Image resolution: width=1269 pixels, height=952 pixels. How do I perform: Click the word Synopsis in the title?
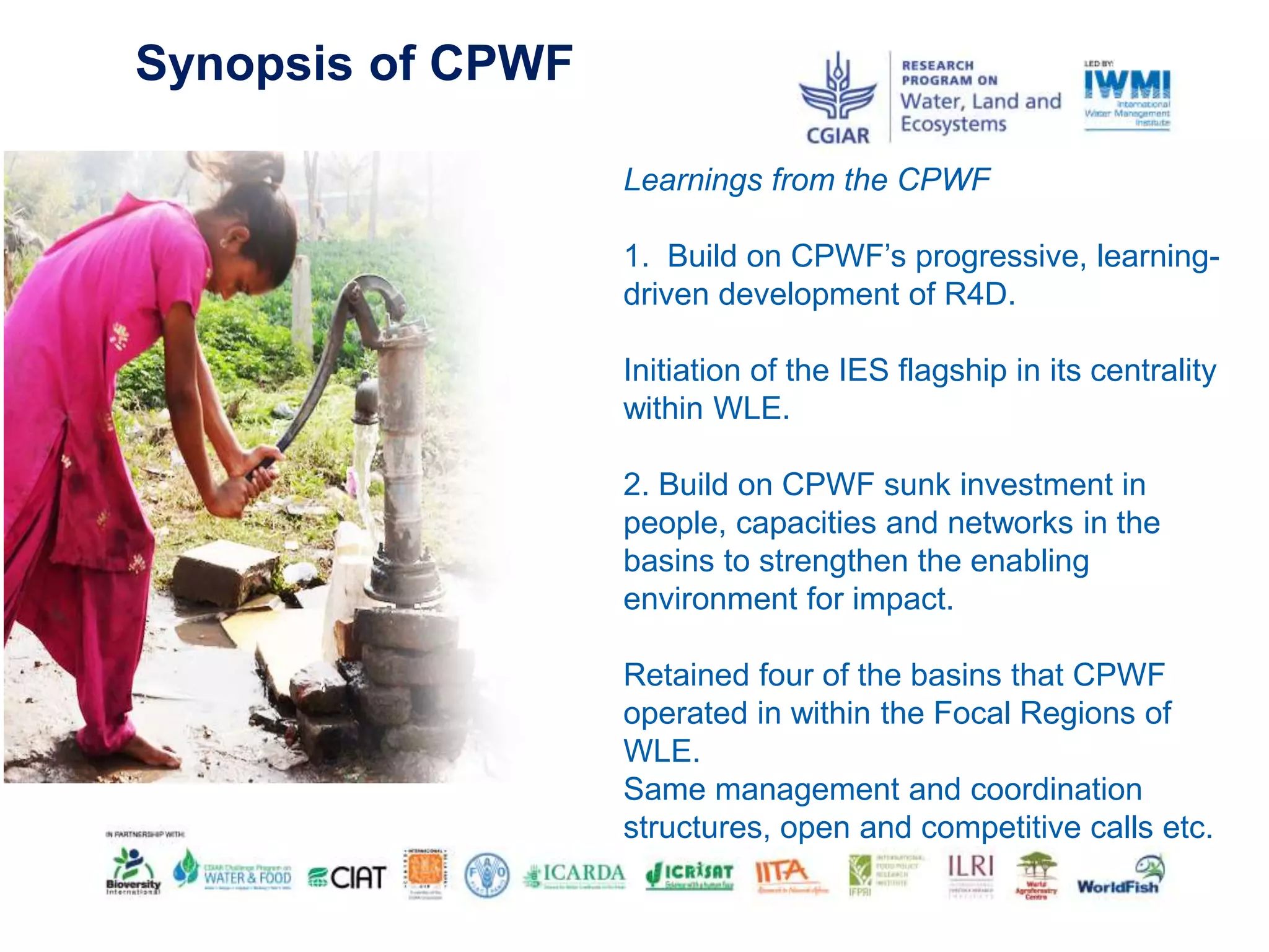click(244, 64)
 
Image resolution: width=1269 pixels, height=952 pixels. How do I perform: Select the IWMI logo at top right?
click(1126, 97)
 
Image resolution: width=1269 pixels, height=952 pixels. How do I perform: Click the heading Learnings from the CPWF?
click(806, 180)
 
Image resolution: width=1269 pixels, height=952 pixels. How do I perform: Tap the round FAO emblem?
click(487, 874)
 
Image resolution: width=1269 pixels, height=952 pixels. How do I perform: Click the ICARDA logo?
click(574, 875)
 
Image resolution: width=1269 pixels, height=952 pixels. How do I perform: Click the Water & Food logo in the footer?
click(234, 872)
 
